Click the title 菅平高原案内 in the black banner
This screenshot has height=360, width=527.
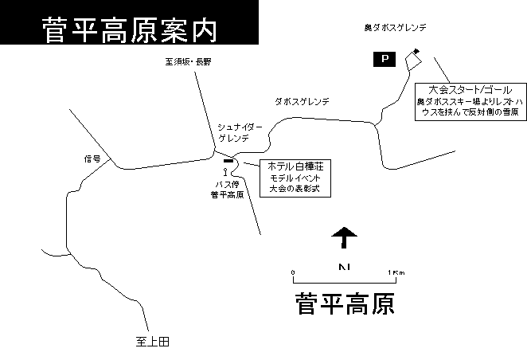click(130, 30)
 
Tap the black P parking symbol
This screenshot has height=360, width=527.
click(385, 59)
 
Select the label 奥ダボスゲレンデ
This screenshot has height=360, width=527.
click(395, 27)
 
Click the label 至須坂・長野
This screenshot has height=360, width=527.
click(188, 61)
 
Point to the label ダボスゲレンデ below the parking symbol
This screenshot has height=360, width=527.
click(303, 101)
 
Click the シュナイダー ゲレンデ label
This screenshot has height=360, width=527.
click(240, 133)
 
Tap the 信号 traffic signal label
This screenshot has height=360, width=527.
click(92, 158)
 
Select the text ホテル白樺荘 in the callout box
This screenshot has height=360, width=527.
click(295, 166)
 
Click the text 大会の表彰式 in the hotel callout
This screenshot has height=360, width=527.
click(295, 188)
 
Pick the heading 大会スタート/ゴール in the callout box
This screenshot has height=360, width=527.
click(470, 90)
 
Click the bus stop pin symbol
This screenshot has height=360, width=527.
click(225, 172)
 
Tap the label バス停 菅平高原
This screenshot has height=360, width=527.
click(227, 190)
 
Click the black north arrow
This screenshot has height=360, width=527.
click(344, 237)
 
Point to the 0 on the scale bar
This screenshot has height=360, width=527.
click(293, 272)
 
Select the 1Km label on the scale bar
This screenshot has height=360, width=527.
click(396, 272)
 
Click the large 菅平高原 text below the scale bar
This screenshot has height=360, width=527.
click(345, 303)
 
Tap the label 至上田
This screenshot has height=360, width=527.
click(153, 342)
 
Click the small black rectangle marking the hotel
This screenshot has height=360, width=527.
click(228, 161)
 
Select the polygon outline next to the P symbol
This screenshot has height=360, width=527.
click(413, 61)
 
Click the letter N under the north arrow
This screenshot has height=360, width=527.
click(345, 267)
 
